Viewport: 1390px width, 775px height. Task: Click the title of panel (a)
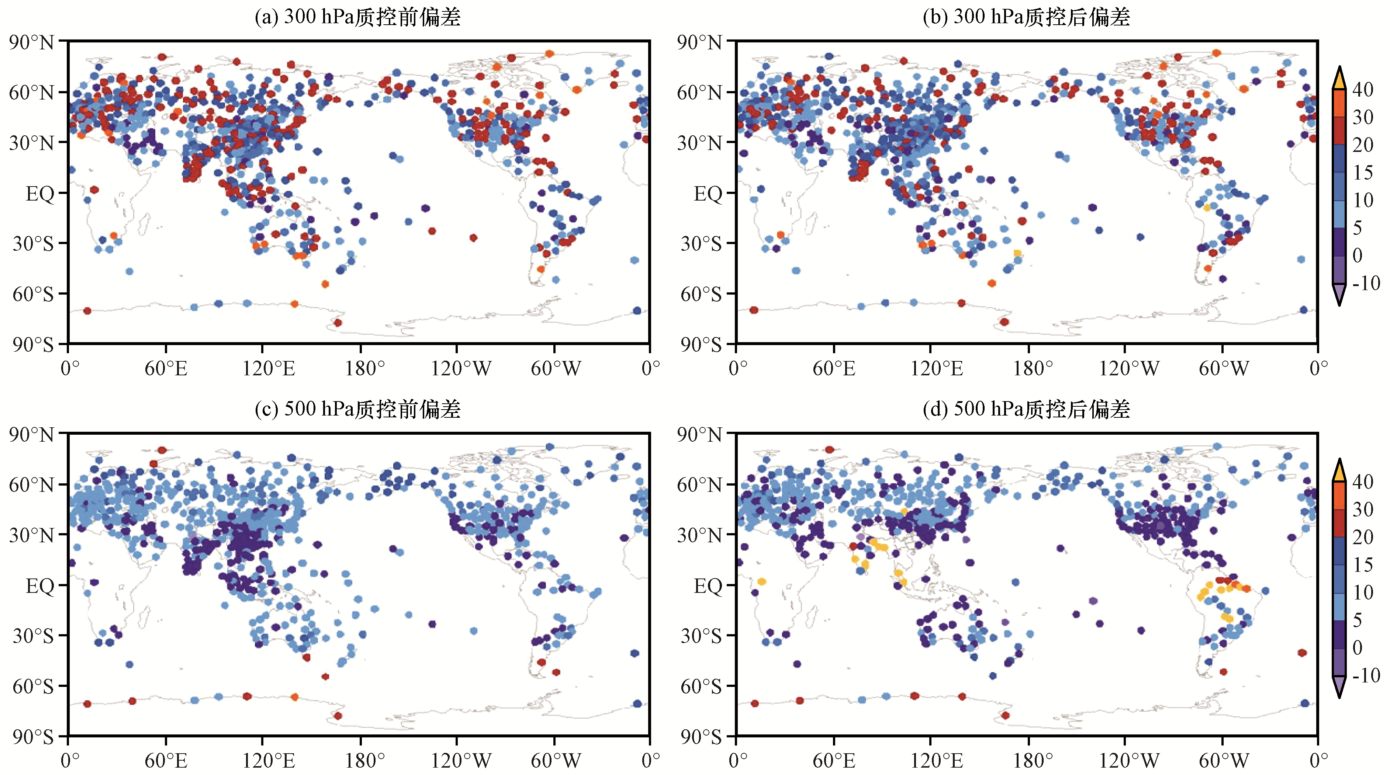(x=358, y=17)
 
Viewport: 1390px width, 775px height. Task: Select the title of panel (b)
(x=1026, y=17)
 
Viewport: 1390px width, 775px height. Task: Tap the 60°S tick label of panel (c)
(x=32, y=687)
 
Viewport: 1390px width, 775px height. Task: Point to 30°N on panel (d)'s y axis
(x=699, y=536)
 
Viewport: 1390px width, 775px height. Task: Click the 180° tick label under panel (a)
(x=365, y=369)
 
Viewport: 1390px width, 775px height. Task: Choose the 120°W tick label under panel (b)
(x=1129, y=369)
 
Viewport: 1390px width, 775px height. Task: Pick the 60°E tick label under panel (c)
(x=166, y=761)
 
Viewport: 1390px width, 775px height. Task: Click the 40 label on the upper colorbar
(x=1362, y=90)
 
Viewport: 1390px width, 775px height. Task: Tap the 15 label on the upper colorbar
(x=1362, y=173)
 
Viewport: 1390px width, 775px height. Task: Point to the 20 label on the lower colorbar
(x=1362, y=537)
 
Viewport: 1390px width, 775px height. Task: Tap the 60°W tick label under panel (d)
(x=1223, y=761)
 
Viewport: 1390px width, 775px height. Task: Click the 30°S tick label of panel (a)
(x=32, y=244)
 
